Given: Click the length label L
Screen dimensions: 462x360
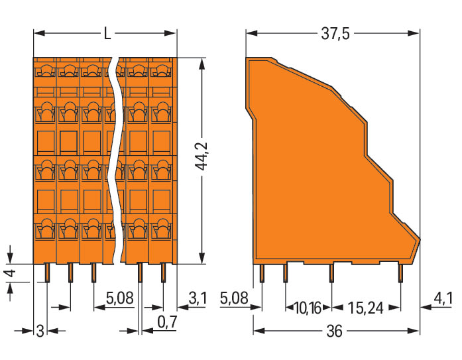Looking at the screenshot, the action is [x=107, y=34].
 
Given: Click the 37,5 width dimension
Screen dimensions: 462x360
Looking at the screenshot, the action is [x=335, y=34].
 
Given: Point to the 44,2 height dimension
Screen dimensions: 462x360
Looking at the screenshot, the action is [x=202, y=156].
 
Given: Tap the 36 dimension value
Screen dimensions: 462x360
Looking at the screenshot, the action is [x=335, y=331].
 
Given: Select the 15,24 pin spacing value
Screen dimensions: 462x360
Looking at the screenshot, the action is [x=366, y=308].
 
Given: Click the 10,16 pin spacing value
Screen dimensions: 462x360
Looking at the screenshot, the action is [x=308, y=308].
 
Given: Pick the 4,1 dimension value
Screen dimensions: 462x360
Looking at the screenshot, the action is [x=443, y=299].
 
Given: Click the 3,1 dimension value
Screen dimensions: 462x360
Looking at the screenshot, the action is [x=198, y=298].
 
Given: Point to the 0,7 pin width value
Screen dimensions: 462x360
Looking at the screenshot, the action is [x=167, y=322].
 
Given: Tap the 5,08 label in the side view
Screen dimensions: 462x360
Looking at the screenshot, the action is [x=234, y=298].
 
